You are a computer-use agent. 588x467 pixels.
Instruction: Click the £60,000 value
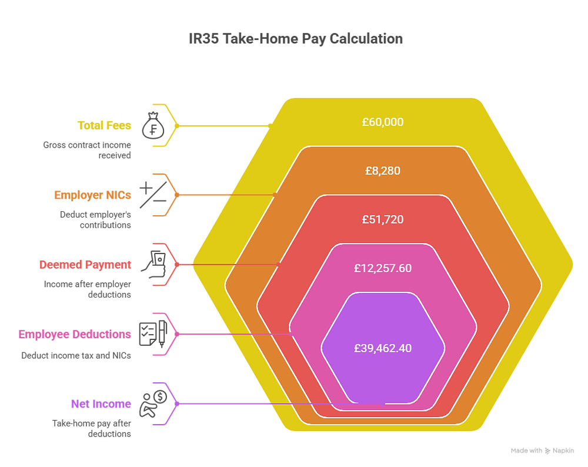(383, 122)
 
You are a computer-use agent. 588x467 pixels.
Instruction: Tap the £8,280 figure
(383, 171)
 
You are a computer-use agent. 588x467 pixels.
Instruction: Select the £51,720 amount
(383, 219)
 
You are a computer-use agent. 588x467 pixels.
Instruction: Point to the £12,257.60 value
(383, 268)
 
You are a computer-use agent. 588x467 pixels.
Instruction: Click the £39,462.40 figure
(383, 348)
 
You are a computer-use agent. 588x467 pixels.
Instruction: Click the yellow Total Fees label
(105, 125)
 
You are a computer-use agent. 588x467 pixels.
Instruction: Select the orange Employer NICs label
(92, 195)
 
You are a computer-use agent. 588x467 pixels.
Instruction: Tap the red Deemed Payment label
(85, 265)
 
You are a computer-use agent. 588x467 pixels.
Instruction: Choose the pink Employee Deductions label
(75, 335)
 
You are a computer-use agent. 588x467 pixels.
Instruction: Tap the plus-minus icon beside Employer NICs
(151, 195)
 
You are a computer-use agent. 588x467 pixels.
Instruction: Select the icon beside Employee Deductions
(152, 333)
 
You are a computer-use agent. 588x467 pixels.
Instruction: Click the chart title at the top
(296, 39)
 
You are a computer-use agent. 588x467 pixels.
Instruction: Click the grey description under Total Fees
(87, 149)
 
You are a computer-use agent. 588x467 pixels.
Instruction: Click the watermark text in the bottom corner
(542, 451)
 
